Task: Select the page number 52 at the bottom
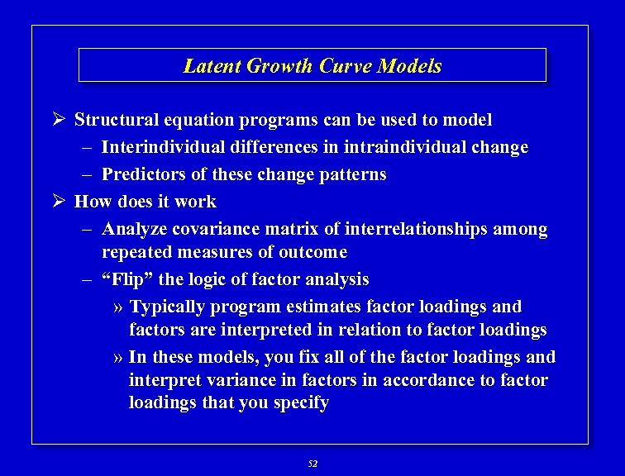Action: point(312,464)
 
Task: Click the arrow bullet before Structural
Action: point(59,120)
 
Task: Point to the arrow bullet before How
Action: point(59,202)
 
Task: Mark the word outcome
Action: point(313,252)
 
